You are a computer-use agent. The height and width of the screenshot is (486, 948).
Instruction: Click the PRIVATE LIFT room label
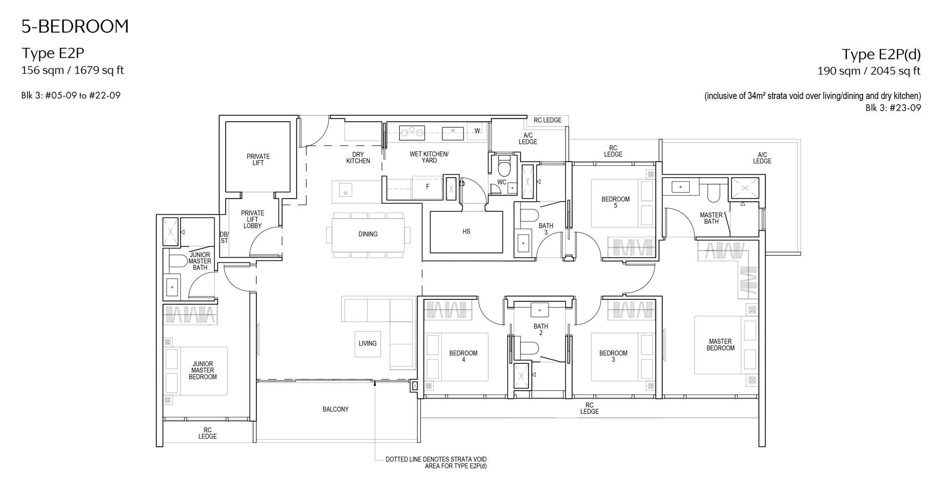[x=258, y=160]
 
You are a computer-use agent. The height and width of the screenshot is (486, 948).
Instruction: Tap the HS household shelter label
[x=466, y=232]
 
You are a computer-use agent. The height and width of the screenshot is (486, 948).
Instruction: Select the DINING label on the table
[x=368, y=234]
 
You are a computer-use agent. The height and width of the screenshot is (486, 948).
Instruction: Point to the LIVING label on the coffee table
[x=367, y=343]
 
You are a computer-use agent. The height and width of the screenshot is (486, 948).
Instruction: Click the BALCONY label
[x=336, y=409]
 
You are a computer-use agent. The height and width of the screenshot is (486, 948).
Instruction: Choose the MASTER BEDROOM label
[x=720, y=345]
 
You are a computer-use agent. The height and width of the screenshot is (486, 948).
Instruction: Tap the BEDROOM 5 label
[x=616, y=202]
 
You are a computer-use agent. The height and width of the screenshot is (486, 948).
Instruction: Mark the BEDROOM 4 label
[x=464, y=356]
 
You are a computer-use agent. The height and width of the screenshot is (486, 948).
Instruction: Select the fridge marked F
[x=428, y=187]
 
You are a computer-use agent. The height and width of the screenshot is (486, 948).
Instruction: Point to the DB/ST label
[x=224, y=237]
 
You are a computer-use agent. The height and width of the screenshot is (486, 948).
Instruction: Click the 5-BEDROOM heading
[x=75, y=27]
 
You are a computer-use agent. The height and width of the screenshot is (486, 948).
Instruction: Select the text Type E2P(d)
[x=881, y=54]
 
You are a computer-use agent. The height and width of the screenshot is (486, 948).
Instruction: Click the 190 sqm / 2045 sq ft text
[x=869, y=71]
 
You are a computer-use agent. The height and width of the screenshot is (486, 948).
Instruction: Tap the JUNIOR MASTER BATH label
[x=200, y=261]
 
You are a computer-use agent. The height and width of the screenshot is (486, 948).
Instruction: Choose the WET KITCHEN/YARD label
[x=429, y=157]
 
